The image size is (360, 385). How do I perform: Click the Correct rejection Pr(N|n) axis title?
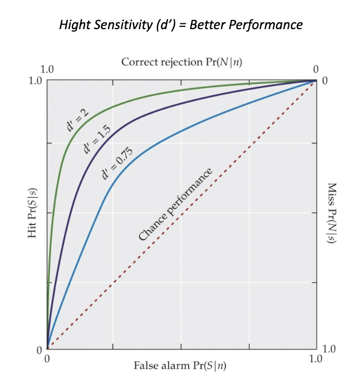tap(181, 62)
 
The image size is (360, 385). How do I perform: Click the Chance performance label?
tap(175, 204)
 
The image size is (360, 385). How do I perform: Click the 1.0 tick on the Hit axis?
tap(35, 80)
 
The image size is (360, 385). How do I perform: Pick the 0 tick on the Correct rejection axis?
tap(316, 69)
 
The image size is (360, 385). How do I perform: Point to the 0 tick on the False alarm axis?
tap(47, 359)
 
